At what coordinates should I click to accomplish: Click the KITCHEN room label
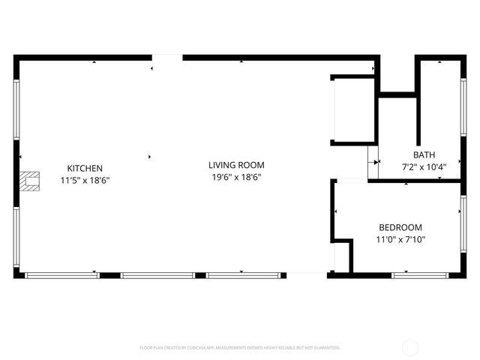point(85,168)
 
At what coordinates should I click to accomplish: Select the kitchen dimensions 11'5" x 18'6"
point(85,180)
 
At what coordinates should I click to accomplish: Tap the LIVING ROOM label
point(236,165)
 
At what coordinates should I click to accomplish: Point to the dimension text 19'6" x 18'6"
point(236,177)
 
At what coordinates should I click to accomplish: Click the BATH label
point(424,155)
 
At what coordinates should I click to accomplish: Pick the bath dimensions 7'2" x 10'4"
point(424,166)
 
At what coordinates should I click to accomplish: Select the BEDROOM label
point(400,227)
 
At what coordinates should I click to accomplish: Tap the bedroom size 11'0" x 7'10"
point(400,239)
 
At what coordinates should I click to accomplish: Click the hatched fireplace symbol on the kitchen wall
point(29,180)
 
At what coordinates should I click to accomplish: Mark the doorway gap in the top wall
point(167,57)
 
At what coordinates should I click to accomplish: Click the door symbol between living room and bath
point(373,160)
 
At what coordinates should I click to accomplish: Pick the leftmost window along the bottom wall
point(61,275)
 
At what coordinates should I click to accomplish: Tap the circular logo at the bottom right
point(411,347)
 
